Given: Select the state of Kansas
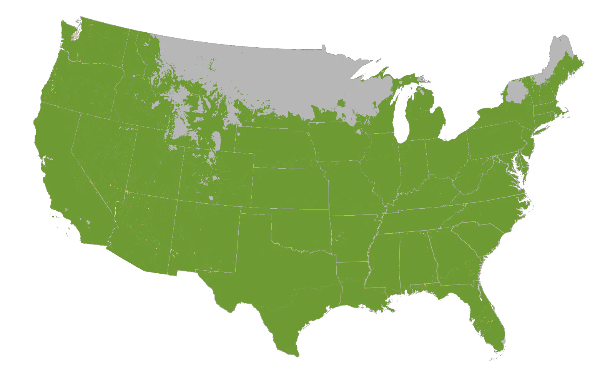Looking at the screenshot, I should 290,188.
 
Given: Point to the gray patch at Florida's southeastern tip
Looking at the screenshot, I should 503,342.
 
